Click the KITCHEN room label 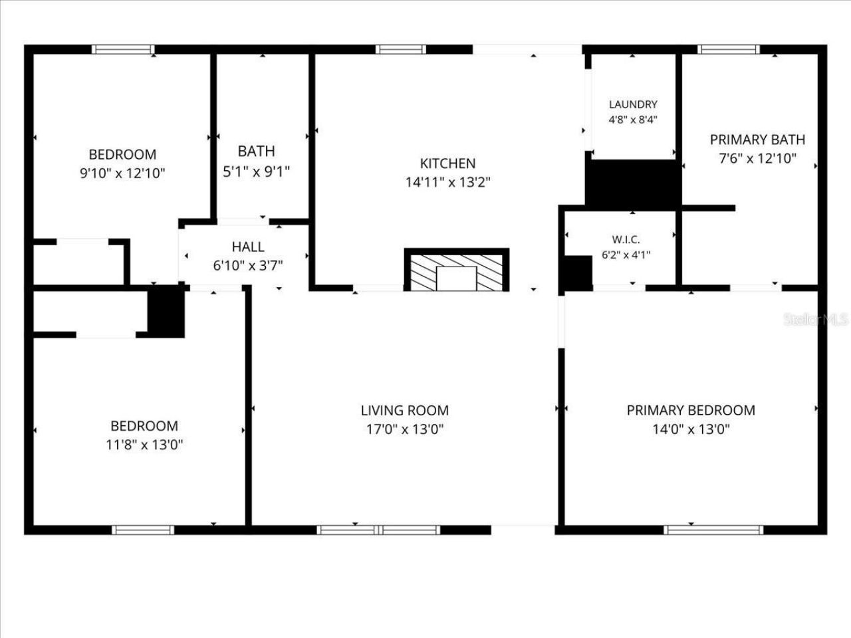447,163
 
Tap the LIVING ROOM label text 404,410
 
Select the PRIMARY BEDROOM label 691,410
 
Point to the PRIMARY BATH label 757,140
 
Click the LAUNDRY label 633,104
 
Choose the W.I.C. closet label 626,239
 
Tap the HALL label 247,247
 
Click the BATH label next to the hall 256,152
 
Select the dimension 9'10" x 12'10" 122,173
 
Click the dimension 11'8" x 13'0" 144,445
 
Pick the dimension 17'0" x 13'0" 404,429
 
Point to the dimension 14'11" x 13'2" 447,182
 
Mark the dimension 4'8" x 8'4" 633,120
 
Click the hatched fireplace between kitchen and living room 457,270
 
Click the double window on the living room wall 378,530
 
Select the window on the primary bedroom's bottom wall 713,530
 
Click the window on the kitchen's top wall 400,49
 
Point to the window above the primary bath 728,49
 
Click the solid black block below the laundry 633,183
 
